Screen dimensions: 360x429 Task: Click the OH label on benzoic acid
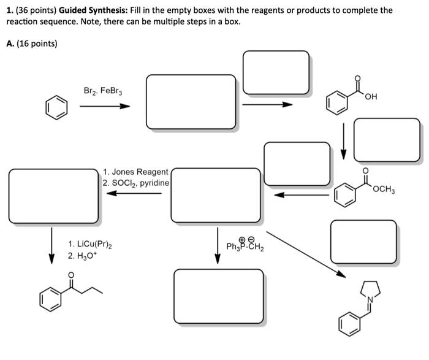370,98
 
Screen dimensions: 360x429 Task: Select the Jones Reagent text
136,172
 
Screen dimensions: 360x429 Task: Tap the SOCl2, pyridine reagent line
136,183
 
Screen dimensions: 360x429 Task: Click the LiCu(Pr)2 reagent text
90,244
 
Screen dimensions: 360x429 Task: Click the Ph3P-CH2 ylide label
245,246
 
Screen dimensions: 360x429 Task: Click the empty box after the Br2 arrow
191,102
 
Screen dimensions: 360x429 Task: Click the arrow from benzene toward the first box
105,106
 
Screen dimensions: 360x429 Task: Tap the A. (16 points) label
31,43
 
